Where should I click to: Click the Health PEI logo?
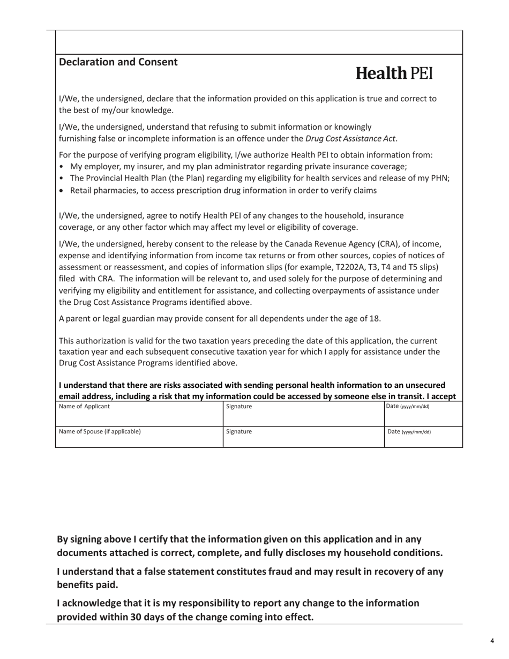[394, 73]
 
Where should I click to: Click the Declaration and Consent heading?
[118, 62]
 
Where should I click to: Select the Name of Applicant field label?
[84, 407]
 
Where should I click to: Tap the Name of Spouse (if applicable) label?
[100, 432]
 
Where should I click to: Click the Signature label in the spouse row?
[239, 432]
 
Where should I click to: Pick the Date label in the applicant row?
[407, 407]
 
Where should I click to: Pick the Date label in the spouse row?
[409, 432]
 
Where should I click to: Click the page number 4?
[492, 641]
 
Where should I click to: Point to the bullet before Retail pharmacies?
[62, 191]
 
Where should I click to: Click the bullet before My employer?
[62, 167]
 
